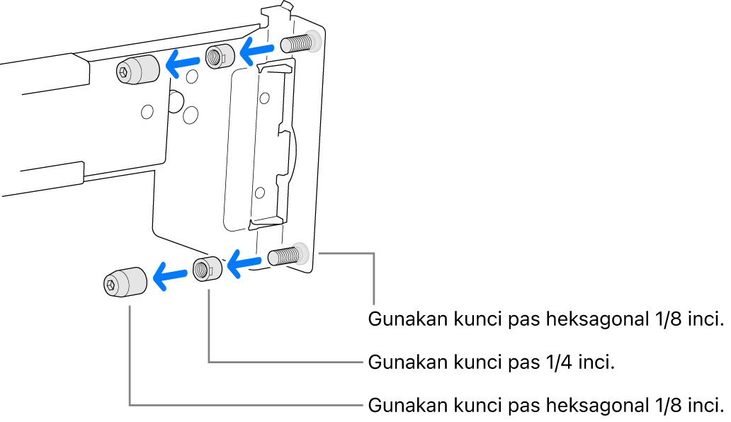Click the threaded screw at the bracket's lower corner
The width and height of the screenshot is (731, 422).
285,255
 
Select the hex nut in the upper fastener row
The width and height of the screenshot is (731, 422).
218,57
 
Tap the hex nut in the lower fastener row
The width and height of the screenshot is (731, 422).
207,269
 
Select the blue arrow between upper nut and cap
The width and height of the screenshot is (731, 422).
181,64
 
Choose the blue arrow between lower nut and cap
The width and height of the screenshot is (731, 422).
169,275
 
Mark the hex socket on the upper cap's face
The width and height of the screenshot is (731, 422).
123,71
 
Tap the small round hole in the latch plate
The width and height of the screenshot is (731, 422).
261,191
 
